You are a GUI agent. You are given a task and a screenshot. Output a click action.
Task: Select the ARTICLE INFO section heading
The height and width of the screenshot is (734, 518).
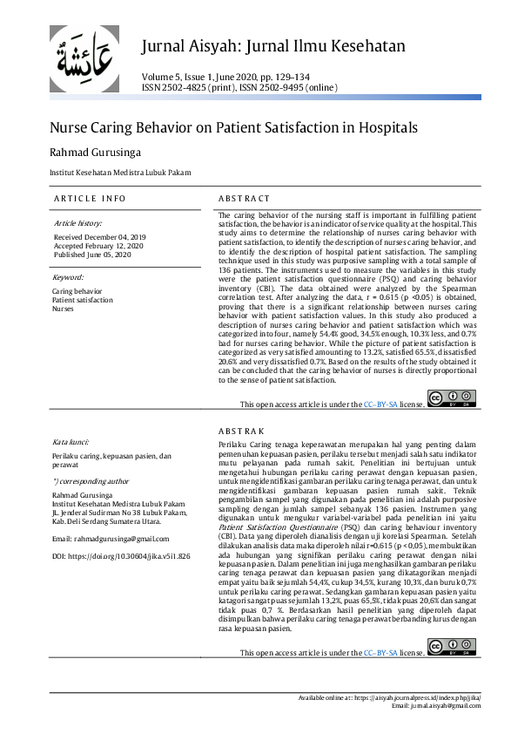tap(90, 199)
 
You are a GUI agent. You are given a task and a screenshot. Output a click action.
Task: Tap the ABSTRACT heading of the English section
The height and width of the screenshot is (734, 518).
tap(245, 199)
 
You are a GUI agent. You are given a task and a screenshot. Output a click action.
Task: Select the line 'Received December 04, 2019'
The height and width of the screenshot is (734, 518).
tap(100, 236)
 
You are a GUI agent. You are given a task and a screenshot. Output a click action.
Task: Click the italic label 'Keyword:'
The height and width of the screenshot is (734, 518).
tap(68, 277)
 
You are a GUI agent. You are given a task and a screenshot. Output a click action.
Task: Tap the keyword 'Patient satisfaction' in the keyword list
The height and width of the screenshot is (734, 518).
tap(82, 300)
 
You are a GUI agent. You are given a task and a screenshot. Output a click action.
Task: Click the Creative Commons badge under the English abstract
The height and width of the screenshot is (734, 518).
tap(452, 399)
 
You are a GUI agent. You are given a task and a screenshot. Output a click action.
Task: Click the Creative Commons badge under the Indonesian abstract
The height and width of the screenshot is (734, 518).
tap(452, 647)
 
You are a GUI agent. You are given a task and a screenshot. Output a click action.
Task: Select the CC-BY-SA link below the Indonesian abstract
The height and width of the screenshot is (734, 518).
tap(380, 651)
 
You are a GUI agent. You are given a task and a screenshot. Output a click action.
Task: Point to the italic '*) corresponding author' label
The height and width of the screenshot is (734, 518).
tap(91, 480)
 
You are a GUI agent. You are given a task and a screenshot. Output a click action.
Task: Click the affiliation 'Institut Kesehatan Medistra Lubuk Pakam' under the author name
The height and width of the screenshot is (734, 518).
tap(120, 173)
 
